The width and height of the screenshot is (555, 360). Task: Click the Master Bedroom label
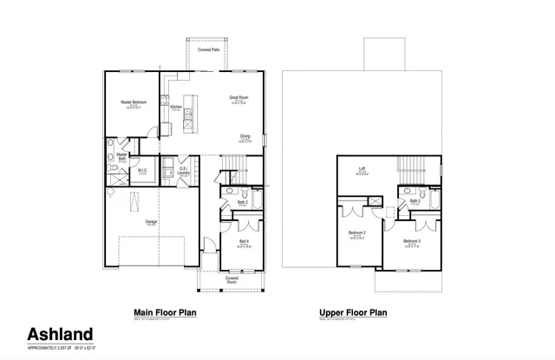133,101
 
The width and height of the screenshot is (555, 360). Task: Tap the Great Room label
239,97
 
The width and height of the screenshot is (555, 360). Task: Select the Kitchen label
176,107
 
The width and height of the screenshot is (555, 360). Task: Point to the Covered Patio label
208,50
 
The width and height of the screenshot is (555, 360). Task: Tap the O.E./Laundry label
182,171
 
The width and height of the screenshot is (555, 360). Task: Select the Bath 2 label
244,201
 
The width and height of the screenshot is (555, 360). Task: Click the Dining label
245,135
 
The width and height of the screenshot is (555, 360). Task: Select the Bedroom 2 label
357,233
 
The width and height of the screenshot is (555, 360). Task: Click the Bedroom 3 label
412,240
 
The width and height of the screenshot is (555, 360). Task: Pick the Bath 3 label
415,200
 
